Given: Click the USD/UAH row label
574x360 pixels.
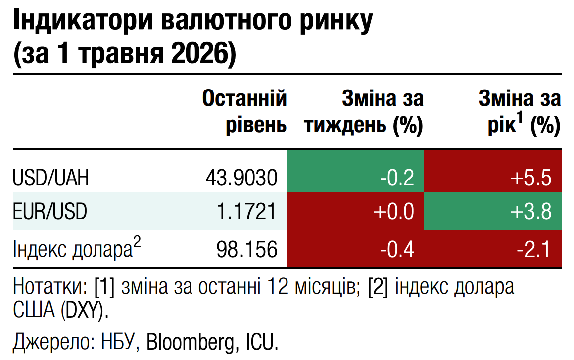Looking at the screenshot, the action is pos(51,178).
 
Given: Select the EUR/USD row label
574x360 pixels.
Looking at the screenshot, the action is pos(50,211).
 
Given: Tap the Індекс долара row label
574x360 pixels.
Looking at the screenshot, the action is pos(77,248).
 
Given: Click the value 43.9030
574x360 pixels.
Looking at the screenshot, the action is pos(242,178).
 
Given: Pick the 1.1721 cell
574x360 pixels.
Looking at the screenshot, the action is pos(246,211).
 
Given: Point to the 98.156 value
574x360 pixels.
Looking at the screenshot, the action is pos(247,249).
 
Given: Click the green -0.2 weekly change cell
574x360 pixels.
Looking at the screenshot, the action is pos(356,171).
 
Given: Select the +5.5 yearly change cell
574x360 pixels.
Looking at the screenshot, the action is pos(493,171).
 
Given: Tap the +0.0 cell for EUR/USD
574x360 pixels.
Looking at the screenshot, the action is pos(356,211).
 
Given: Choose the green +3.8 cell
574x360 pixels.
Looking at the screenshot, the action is pos(493,211).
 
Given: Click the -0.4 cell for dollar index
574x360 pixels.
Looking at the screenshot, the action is pos(356,249).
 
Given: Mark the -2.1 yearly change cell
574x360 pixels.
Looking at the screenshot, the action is pos(493,249).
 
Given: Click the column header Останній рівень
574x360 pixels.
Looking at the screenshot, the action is pos(245,111).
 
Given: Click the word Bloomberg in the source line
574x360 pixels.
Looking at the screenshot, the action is pos(191,343).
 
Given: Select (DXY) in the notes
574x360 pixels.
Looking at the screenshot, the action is pos(85,311).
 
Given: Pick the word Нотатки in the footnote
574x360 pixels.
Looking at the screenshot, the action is pos(50,286).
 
